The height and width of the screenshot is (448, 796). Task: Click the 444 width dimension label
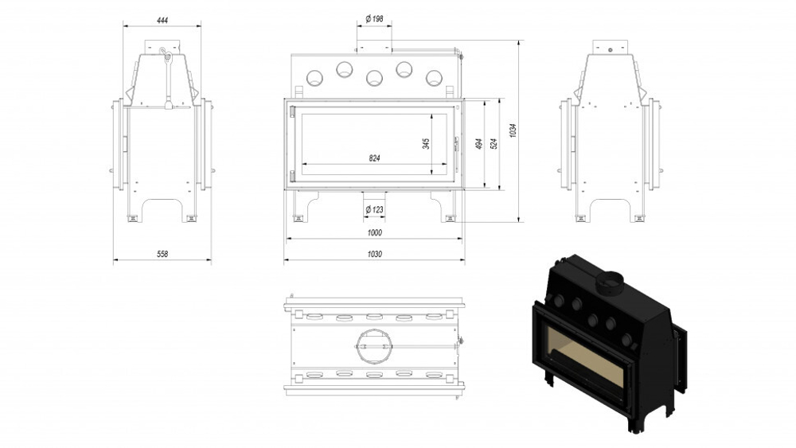tap(162, 19)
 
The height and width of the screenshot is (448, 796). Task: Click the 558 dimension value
tap(162, 253)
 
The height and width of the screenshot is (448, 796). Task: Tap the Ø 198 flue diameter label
tap(375, 18)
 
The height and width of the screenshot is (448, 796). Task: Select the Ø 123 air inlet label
tap(374, 209)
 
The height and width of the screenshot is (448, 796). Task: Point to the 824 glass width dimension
tap(374, 158)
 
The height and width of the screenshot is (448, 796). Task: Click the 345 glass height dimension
tap(427, 143)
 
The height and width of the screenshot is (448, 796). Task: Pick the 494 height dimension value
tap(479, 144)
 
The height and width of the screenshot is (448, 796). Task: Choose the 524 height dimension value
tap(494, 144)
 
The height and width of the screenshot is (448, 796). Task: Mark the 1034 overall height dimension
tap(514, 131)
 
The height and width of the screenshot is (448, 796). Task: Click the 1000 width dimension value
tap(375, 232)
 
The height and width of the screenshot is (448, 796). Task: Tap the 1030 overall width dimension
tap(375, 254)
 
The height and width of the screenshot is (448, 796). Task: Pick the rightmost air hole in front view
tap(434, 77)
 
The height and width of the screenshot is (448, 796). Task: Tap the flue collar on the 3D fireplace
tap(611, 281)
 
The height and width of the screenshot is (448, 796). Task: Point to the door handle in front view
tap(457, 145)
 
